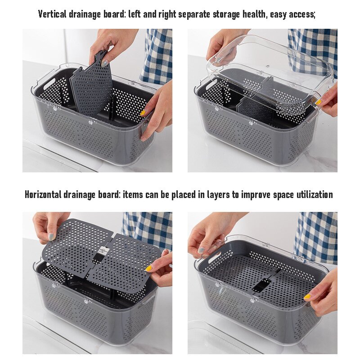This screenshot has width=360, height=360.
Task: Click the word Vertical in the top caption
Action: (x=52, y=14)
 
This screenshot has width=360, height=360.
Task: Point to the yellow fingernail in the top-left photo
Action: (x=143, y=112)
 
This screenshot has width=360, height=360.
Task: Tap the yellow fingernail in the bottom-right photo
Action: (x=307, y=297)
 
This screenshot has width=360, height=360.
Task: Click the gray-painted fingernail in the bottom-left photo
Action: (x=51, y=236)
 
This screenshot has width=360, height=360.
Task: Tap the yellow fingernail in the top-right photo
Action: (x=319, y=102)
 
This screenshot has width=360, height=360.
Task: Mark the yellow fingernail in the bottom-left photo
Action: (x=148, y=269)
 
